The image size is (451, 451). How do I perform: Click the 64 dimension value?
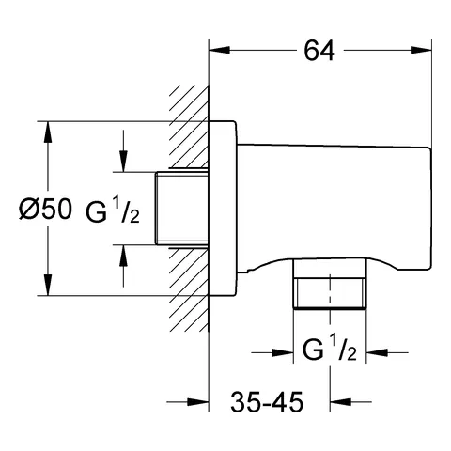(x=319, y=51)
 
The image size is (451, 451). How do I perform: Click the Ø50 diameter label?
(x=45, y=210)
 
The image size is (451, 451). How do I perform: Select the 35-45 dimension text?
(x=267, y=402)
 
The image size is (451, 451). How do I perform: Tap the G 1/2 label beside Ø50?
(x=113, y=210)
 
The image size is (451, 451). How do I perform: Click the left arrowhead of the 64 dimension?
(x=220, y=50)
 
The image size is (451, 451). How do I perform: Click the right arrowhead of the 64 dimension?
(x=421, y=50)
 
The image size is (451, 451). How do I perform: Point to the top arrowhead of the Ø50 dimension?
(x=48, y=132)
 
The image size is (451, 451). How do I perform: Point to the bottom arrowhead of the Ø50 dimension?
(x=48, y=285)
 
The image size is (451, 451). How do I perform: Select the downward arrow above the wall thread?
(x=123, y=151)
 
